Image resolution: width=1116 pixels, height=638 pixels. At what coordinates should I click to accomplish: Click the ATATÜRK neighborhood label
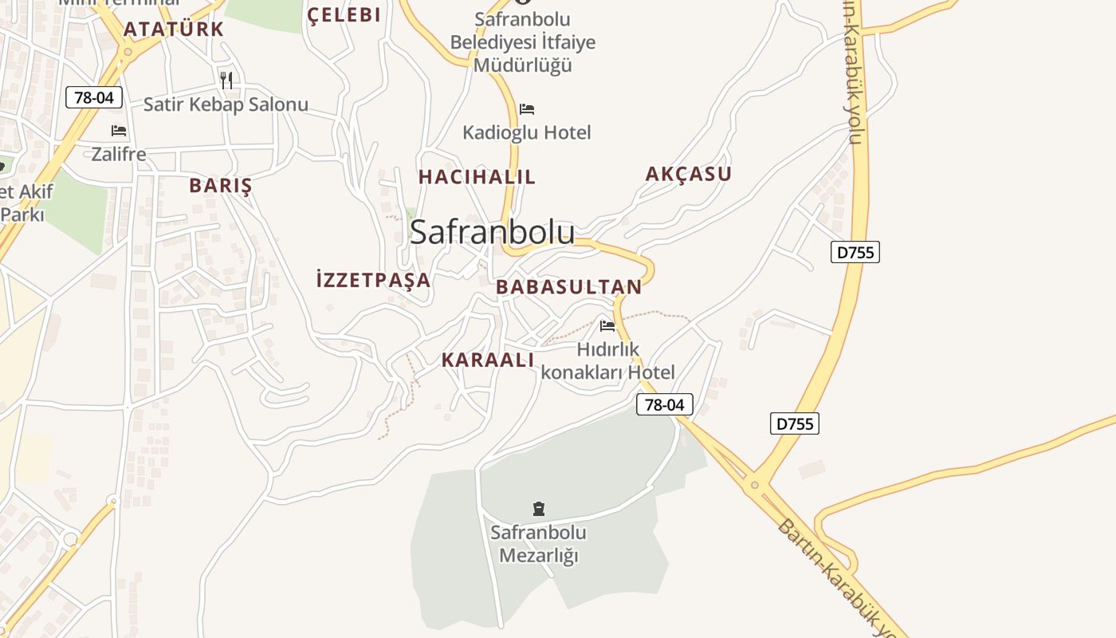point(173,30)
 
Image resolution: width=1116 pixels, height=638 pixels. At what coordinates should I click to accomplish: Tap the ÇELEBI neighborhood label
point(344,14)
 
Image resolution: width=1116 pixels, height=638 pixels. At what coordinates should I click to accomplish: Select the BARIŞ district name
point(220,186)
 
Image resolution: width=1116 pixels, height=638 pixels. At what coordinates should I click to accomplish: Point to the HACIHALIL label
point(477,177)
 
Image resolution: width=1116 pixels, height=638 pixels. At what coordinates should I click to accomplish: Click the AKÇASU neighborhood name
point(688,174)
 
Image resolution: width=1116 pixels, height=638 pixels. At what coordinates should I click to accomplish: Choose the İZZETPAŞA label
point(373,280)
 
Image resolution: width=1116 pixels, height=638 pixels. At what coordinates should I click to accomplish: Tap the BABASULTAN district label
point(568,287)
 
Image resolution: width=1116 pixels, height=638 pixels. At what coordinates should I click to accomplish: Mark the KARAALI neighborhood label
point(488,360)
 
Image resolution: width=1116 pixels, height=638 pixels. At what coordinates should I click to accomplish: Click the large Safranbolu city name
point(492,232)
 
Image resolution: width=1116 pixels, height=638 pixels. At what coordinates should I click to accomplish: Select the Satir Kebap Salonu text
point(226,104)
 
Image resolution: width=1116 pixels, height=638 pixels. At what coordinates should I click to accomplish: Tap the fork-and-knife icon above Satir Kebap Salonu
point(226,80)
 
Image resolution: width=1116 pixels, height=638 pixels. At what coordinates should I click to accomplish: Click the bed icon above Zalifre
point(119,131)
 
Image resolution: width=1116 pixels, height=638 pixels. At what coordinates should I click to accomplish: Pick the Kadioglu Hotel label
point(527,132)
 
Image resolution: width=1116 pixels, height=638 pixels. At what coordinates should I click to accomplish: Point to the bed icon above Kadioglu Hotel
point(527,109)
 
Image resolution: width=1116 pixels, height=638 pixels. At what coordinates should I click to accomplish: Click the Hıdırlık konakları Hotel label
point(607,361)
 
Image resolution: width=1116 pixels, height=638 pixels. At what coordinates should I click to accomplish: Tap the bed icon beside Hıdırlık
point(607,325)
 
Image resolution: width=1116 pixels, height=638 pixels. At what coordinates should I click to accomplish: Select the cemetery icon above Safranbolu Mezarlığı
point(539,508)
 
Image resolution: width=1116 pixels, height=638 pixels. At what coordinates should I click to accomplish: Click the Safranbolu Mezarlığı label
point(538,544)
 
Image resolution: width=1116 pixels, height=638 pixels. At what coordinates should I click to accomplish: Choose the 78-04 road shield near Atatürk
point(94,98)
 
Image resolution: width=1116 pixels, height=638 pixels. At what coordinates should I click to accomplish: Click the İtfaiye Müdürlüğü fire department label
point(523,41)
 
